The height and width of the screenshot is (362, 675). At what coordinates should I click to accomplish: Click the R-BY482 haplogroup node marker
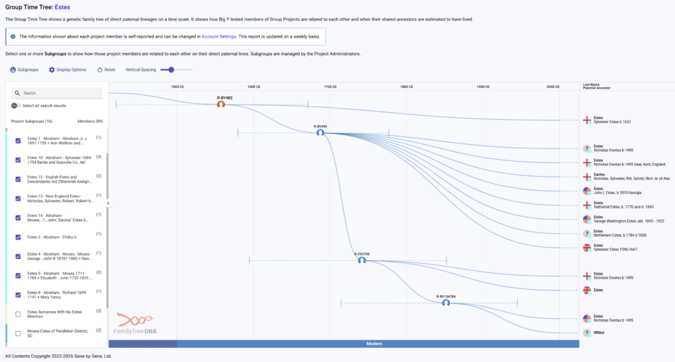click(x=221, y=105)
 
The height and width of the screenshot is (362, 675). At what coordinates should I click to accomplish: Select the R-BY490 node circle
click(x=320, y=133)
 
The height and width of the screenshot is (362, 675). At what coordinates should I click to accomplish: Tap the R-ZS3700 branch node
click(x=362, y=260)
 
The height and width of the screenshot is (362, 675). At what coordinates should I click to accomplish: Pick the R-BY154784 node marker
click(x=446, y=303)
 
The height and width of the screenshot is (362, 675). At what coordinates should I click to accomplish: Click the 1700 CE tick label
click(x=331, y=87)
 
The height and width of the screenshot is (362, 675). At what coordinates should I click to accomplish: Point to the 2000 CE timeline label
click(x=553, y=87)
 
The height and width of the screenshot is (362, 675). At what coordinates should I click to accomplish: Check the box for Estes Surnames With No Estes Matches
click(x=19, y=314)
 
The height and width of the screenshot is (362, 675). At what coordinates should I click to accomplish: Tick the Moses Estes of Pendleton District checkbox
click(x=19, y=333)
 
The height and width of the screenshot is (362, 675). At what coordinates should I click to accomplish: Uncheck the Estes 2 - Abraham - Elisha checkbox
click(x=19, y=237)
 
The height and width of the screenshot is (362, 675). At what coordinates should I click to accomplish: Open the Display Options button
click(x=67, y=70)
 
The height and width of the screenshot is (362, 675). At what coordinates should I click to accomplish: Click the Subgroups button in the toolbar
click(x=24, y=70)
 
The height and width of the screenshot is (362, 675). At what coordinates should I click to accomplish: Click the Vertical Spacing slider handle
click(x=171, y=70)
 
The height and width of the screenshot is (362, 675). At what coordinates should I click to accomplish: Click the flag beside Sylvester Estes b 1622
click(x=587, y=120)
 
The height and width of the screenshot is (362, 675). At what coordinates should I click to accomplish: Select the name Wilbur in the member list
click(x=599, y=333)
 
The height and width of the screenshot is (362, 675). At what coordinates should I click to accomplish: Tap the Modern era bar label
click(x=374, y=343)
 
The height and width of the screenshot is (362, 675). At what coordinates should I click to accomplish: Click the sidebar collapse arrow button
click(x=108, y=203)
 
